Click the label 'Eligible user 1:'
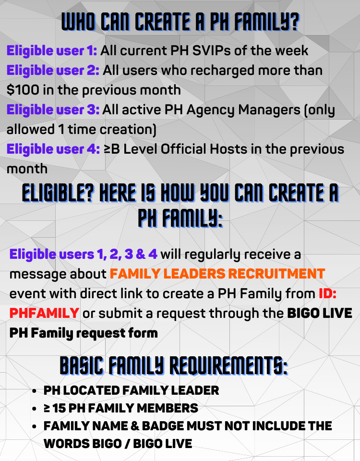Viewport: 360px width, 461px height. click(x=52, y=50)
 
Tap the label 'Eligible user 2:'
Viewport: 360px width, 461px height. click(x=53, y=70)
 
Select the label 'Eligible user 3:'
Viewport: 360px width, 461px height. click(x=53, y=109)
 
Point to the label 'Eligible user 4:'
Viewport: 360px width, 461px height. click(x=53, y=149)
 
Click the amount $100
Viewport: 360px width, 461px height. click(x=23, y=90)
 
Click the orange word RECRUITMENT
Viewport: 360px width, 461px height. click(x=276, y=274)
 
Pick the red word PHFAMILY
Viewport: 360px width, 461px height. click(x=44, y=313)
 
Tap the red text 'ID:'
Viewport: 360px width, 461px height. click(x=328, y=293)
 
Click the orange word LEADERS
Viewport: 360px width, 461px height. click(x=194, y=274)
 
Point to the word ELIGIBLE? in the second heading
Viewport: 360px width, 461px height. click(x=58, y=194)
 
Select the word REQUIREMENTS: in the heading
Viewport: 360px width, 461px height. click(x=228, y=365)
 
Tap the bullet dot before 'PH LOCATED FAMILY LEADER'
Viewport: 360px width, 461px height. click(x=35, y=391)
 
